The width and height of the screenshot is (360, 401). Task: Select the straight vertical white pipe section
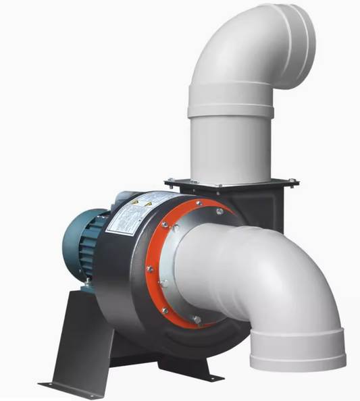click(230, 145)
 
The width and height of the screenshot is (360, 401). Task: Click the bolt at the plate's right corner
click(292, 181)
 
